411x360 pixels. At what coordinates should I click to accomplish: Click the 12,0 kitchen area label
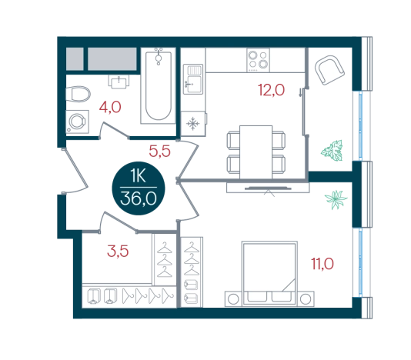pos(271,90)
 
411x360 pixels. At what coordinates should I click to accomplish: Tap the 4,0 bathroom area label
pos(110,107)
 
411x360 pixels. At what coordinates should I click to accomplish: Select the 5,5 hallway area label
pos(159,152)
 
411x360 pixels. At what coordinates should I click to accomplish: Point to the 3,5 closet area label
pos(118,251)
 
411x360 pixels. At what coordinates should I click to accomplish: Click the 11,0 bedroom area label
pos(322,264)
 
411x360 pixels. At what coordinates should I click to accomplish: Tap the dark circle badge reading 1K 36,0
pos(139,188)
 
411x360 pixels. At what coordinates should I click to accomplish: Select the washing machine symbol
pos(77,122)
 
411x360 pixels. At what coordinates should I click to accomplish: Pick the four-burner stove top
pos(258,60)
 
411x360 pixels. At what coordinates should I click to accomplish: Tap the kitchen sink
pos(193,79)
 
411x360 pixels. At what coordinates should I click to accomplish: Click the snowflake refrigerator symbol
pos(193,123)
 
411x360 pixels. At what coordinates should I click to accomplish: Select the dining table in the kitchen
pos(256,152)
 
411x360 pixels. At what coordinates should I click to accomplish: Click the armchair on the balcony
pos(329,70)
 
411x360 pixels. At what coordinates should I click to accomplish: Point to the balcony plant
pos(332,150)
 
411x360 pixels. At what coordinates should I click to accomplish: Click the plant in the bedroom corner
pos(336,199)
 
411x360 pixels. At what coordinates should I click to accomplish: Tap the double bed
pos(269,274)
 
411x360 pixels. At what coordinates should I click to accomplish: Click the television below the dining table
pos(268,188)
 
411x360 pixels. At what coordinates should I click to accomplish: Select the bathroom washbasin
pos(119,82)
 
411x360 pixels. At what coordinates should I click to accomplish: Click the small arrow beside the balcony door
pos(300,93)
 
